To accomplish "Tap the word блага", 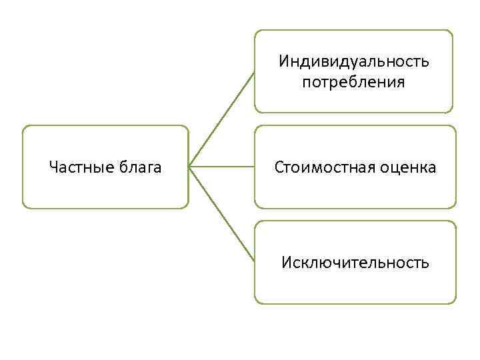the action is (x=139, y=167).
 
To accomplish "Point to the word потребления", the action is (x=353, y=83).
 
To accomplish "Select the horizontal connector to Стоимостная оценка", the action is (x=222, y=167).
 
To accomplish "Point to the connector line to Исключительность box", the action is (x=222, y=213).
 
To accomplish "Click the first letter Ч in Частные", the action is (x=53, y=167).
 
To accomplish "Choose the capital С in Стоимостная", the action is (x=279, y=167).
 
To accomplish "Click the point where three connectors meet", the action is (x=190, y=167).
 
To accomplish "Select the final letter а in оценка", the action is (x=432, y=168).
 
